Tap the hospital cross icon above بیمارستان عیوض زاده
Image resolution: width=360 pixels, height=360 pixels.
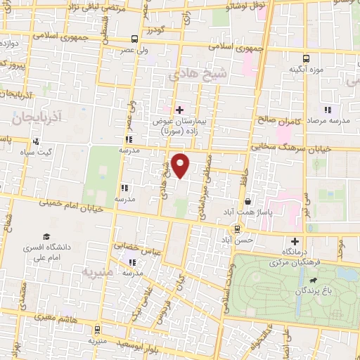point(179,109)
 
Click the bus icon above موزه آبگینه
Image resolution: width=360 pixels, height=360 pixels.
point(306,58)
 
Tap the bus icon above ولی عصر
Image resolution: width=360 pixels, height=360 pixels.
point(135,39)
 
